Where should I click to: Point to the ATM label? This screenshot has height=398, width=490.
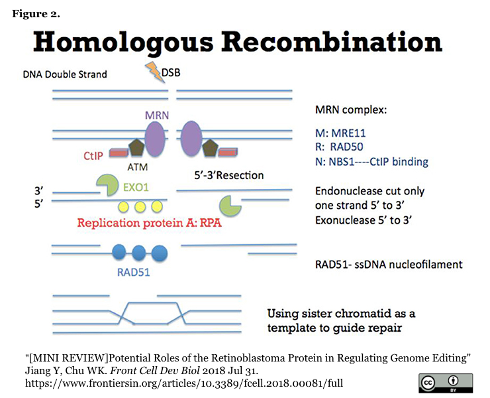pyautogui.click(x=137, y=168)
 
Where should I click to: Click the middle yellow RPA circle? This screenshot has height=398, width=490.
pyautogui.click(x=140, y=206)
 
